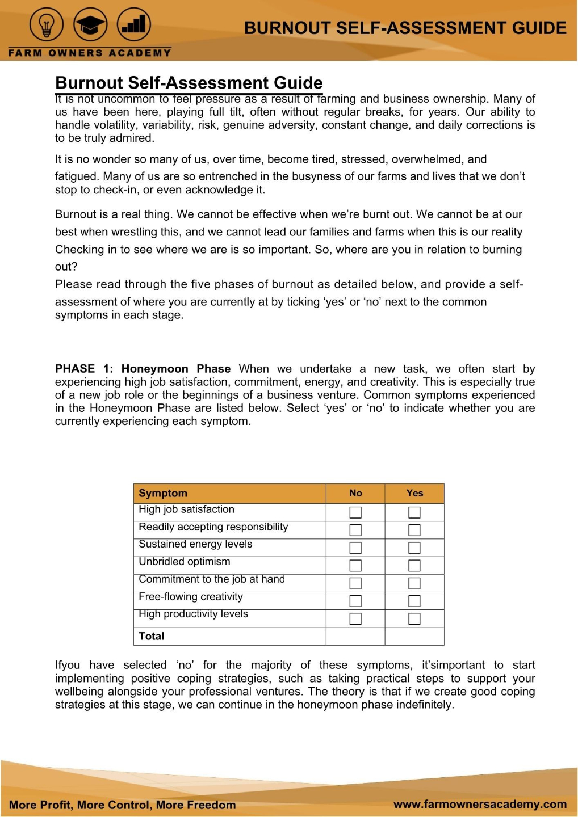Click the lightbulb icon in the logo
tap(47, 26)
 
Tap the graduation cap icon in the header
tap(90, 26)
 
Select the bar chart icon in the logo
tap(134, 26)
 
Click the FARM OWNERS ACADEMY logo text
tap(90, 53)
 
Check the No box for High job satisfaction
tap(355, 512)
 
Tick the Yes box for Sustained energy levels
tap(414, 548)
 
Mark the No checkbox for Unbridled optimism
tap(355, 565)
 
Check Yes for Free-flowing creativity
tap(414, 600)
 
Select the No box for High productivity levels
tap(355, 618)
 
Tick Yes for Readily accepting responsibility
tap(414, 530)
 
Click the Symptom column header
tap(163, 493)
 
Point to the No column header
tap(355, 493)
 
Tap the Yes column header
tap(414, 493)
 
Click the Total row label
tap(151, 636)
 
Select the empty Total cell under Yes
tap(414, 636)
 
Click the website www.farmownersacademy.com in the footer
tap(480, 804)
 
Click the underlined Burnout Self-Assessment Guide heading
tap(189, 83)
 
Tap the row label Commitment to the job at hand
tap(212, 579)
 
